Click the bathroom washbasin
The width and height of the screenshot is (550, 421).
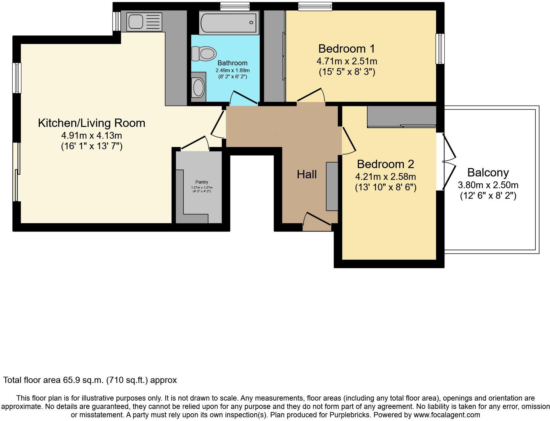click(199, 87)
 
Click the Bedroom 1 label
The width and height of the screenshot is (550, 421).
click(347, 49)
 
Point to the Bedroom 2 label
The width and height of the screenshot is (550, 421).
click(385, 164)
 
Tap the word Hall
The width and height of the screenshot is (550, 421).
click(307, 175)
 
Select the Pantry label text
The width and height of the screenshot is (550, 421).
click(202, 182)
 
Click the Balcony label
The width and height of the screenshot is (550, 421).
click(488, 172)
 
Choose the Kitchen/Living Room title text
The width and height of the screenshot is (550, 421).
click(91, 123)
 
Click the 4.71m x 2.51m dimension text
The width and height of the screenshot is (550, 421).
click(347, 61)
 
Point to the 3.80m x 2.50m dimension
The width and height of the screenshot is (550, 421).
click(488, 185)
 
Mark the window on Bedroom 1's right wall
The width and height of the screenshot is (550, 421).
click(440, 49)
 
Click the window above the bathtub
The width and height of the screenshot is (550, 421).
click(235, 6)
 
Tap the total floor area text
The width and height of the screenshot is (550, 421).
click(90, 380)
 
